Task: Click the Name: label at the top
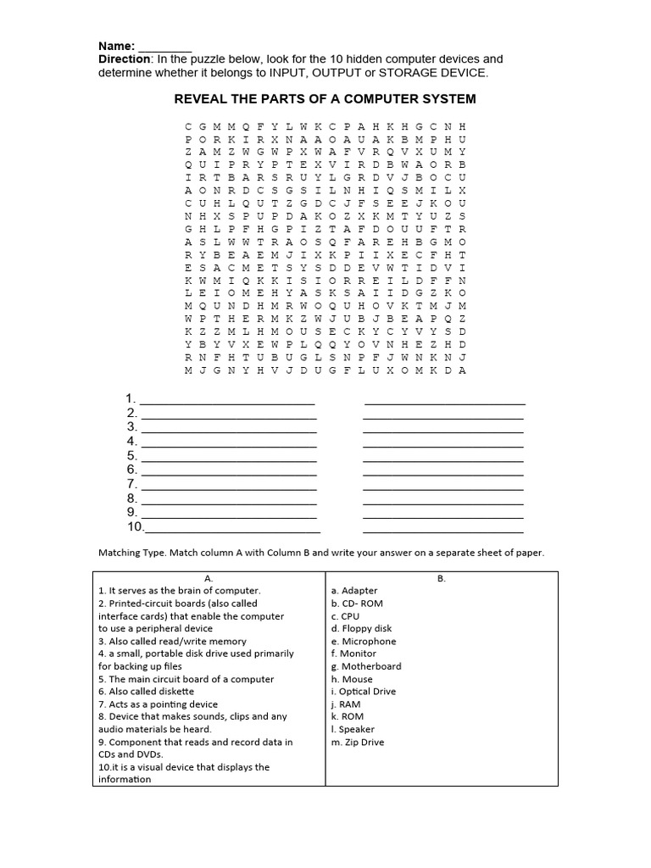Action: [117, 46]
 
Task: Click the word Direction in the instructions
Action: [125, 59]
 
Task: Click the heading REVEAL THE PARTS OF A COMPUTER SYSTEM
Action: [325, 99]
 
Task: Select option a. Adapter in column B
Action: [354, 591]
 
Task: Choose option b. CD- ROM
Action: [357, 604]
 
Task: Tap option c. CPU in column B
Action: [346, 616]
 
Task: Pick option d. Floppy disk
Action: [362, 629]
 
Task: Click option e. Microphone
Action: [364, 642]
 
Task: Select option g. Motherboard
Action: [366, 666]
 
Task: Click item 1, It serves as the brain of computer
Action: [180, 591]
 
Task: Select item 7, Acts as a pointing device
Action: [158, 704]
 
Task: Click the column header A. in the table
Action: [209, 579]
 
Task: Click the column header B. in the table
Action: [442, 579]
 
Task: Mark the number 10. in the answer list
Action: [136, 526]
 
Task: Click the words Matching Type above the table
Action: [132, 553]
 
